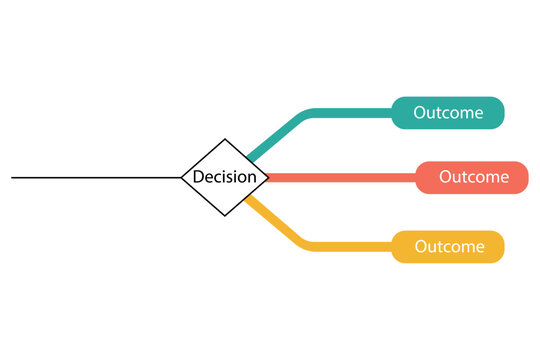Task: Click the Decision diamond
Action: [225, 177]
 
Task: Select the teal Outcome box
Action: [448, 113]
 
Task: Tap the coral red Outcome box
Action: [472, 177]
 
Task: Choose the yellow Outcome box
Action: [448, 246]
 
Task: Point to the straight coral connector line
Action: [340, 178]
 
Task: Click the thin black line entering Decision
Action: [100, 178]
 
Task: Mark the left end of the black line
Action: [13, 178]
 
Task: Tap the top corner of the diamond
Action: [225, 140]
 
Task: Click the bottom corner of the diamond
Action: [225, 215]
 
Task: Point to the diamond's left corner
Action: [182, 178]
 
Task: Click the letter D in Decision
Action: [198, 177]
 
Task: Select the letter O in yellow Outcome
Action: [421, 246]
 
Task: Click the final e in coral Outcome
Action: [504, 178]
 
